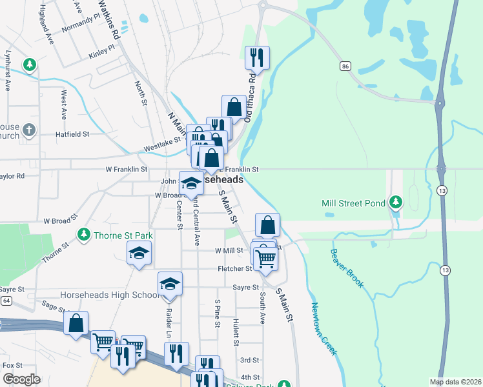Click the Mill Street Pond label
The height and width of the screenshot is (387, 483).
[354, 204]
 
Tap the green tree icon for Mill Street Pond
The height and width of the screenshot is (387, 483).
[396, 203]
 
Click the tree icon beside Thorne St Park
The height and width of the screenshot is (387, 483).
[83, 235]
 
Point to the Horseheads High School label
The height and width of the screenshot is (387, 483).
[108, 295]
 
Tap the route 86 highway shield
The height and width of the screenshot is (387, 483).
[345, 66]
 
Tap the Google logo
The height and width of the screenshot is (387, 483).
[21, 379]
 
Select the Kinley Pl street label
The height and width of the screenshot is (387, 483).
[102, 48]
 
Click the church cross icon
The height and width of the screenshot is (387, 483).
[28, 130]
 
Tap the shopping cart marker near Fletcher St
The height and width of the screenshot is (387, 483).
[265, 259]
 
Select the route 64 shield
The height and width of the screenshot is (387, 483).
[6, 301]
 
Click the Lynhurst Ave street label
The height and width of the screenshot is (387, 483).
[8, 70]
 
